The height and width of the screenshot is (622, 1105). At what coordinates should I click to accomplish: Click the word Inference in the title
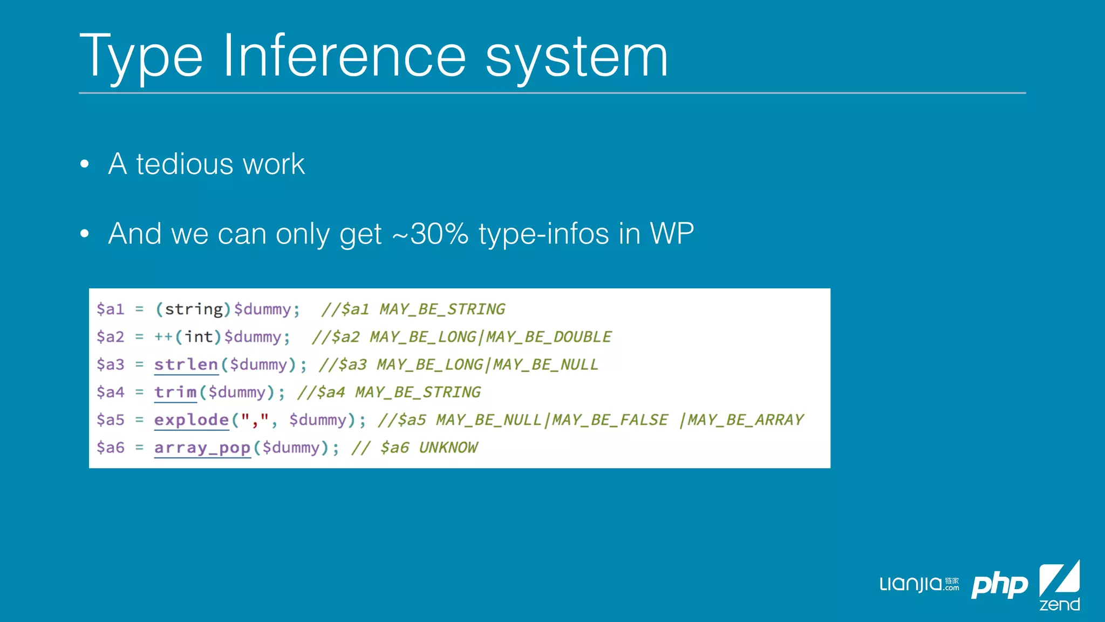tap(344, 56)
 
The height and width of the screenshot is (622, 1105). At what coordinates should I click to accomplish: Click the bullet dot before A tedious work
tap(84, 164)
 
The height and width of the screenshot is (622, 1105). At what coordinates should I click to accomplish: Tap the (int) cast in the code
tap(198, 337)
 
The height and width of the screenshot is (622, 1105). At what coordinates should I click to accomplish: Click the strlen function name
tap(186, 364)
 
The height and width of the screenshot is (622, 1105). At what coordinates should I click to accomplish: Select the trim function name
tap(175, 392)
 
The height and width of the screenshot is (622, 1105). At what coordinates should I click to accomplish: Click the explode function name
tap(192, 420)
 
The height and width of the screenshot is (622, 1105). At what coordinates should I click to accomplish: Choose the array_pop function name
tap(202, 448)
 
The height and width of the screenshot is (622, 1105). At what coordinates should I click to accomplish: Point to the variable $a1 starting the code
tap(111, 309)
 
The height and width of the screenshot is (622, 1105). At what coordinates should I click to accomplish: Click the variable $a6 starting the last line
tap(111, 448)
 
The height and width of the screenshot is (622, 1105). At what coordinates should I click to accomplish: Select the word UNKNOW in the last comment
tap(448, 448)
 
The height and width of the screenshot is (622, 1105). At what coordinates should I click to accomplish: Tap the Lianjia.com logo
tap(919, 584)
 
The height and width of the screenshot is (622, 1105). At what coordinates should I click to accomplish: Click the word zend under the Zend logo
tap(1060, 604)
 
